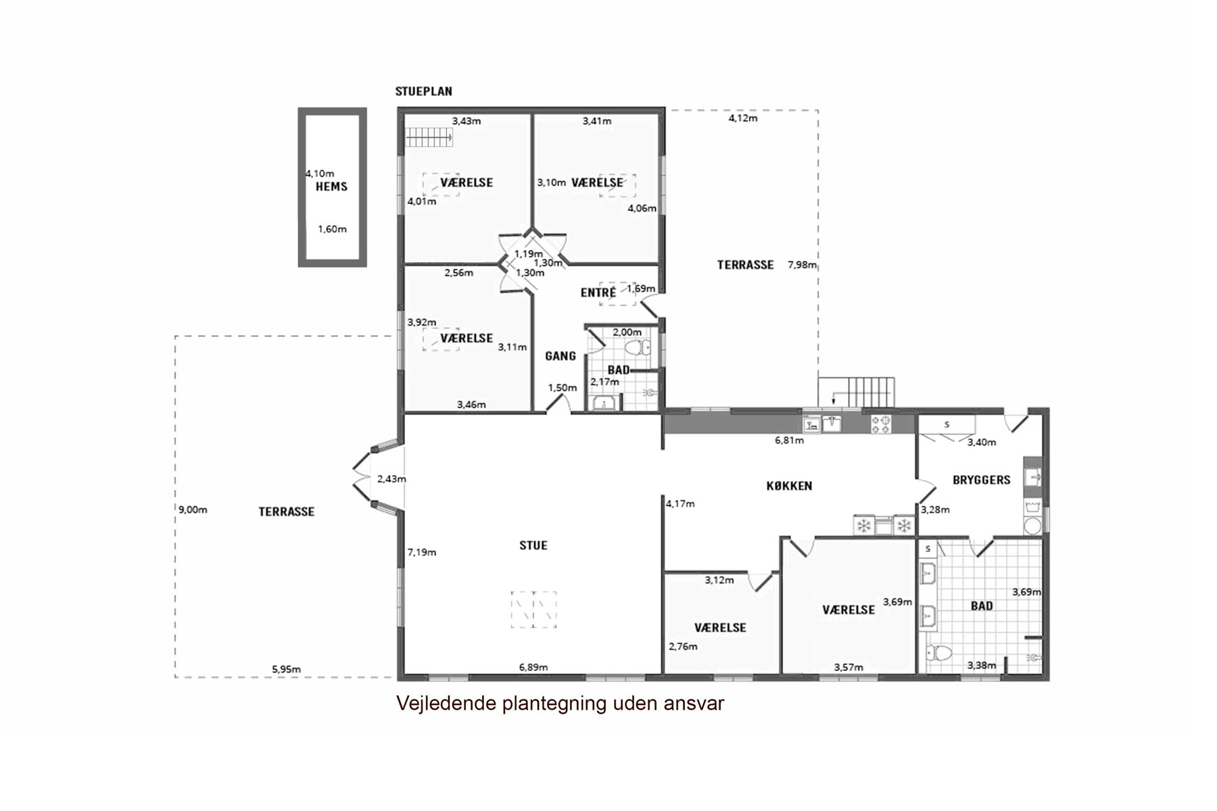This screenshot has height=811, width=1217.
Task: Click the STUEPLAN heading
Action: (424, 91)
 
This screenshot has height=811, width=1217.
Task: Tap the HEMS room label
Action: (331, 187)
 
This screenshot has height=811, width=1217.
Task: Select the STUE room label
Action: (533, 545)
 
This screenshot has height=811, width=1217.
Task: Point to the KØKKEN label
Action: (790, 486)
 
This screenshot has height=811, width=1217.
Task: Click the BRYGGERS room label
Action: (982, 480)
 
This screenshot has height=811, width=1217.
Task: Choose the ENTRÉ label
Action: (598, 293)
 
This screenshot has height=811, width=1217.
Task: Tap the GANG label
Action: (560, 356)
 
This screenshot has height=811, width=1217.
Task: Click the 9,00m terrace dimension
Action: (193, 510)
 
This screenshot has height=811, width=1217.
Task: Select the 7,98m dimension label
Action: (803, 265)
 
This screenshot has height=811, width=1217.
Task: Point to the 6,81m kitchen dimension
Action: (789, 441)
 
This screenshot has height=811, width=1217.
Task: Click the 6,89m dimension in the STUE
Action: (533, 667)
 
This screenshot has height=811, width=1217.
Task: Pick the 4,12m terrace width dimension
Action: (742, 118)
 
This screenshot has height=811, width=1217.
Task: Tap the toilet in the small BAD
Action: (636, 349)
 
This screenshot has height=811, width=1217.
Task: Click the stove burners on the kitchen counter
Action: (881, 424)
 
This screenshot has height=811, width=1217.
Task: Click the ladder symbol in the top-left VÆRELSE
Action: (429, 139)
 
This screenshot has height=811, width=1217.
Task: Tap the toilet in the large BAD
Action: (938, 654)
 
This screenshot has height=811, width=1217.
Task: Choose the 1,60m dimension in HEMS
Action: (332, 229)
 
